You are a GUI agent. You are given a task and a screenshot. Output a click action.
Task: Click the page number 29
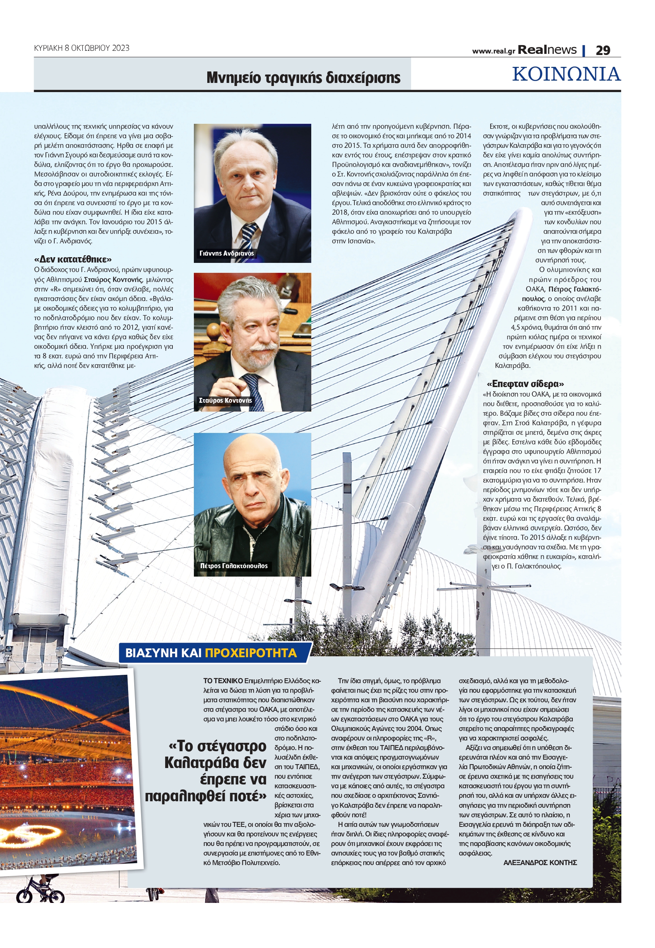(603, 50)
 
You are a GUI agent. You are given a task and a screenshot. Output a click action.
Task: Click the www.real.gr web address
(493, 51)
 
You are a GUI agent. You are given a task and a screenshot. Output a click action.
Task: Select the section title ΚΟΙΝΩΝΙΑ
(566, 74)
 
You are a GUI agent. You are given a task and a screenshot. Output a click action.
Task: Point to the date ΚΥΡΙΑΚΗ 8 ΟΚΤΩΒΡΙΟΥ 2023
(82, 48)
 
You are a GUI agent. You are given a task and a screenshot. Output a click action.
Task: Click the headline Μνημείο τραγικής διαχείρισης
(303, 78)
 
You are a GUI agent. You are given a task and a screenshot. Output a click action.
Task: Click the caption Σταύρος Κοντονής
(225, 400)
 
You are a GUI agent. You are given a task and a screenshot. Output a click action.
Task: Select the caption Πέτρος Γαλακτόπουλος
(234, 566)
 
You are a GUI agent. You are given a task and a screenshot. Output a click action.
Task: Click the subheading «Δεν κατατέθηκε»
(73, 259)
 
